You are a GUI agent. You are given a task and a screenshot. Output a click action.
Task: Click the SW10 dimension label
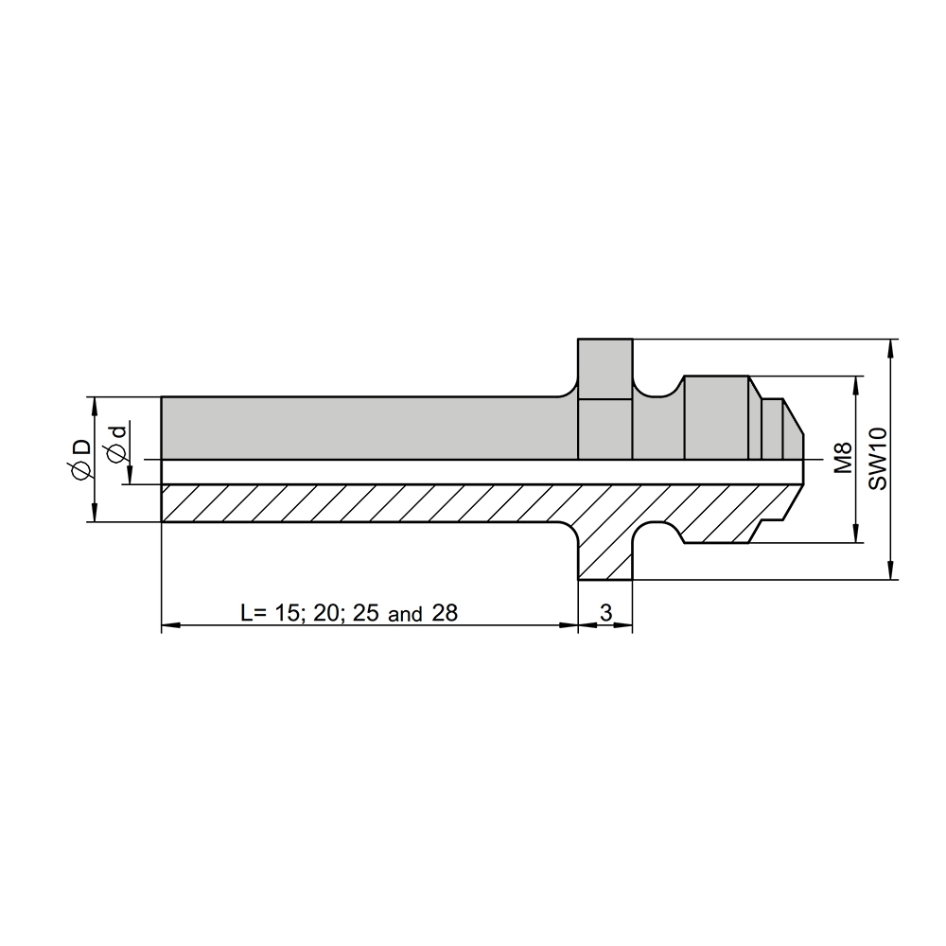pos(879,459)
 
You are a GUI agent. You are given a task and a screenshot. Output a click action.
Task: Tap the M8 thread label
pos(843,458)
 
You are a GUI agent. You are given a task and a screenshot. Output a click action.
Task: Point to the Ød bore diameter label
pos(115,444)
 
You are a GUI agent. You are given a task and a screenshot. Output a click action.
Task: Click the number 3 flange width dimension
pos(605,613)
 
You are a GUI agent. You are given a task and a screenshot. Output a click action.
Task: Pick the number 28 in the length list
pos(446,613)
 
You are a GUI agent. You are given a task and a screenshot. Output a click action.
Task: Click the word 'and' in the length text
pos(405,615)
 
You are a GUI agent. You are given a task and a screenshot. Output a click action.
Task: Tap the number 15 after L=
pos(289,613)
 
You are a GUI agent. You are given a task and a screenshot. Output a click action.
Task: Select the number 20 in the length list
pos(327,613)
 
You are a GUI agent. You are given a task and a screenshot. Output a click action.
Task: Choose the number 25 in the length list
pos(366,613)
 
